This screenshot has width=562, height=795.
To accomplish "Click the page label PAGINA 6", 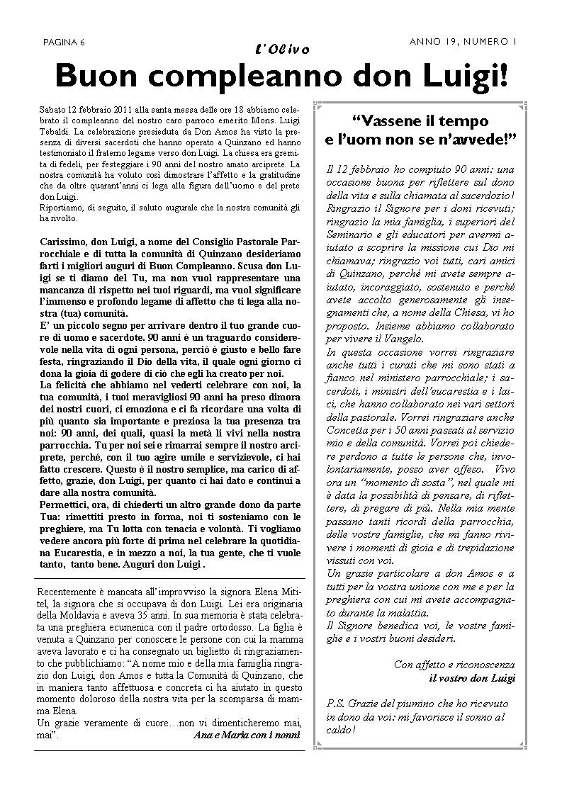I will (64, 43).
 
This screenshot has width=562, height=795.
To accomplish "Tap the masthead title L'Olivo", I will (281, 49).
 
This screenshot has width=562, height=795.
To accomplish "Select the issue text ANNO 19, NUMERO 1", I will (463, 42).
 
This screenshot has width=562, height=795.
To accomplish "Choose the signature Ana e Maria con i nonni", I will (246, 735).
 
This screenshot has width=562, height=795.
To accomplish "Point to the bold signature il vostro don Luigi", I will (472, 677).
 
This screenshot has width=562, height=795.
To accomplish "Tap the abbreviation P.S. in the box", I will (336, 703).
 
